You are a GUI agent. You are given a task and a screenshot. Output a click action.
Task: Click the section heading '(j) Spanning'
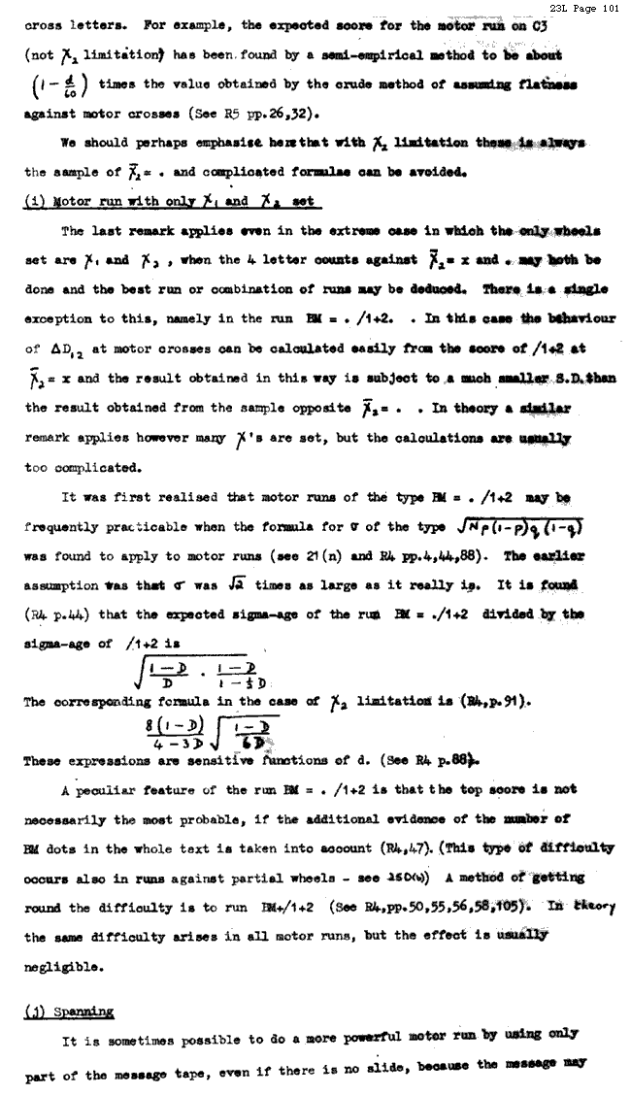(68, 1011)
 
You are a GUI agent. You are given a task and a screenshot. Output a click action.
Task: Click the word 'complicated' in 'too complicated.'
(93, 467)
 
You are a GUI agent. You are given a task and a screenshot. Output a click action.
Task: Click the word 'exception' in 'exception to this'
(60, 318)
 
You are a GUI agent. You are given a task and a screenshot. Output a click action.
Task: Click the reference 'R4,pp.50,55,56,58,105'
(448, 907)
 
